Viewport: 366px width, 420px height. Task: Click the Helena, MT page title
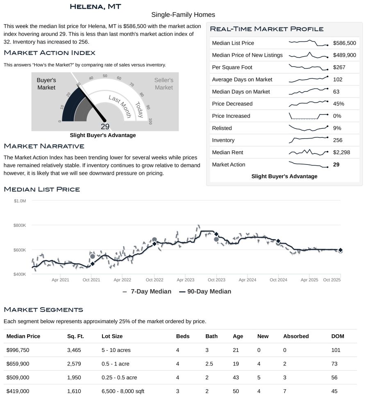point(95,7)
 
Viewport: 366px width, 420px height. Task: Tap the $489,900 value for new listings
point(344,55)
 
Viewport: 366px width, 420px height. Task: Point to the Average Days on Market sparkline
point(308,79)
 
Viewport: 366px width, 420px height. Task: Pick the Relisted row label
point(222,128)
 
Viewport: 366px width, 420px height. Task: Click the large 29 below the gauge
point(105,127)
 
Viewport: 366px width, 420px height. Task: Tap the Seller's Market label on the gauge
point(164,84)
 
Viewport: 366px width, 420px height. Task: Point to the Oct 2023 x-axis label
point(216,280)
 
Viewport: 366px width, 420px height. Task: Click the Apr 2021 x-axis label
point(60,280)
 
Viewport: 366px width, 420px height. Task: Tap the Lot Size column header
point(112,336)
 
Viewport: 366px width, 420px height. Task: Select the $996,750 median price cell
point(18,350)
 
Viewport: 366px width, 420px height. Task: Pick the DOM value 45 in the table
point(334,391)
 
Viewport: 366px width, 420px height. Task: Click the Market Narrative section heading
point(44,146)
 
